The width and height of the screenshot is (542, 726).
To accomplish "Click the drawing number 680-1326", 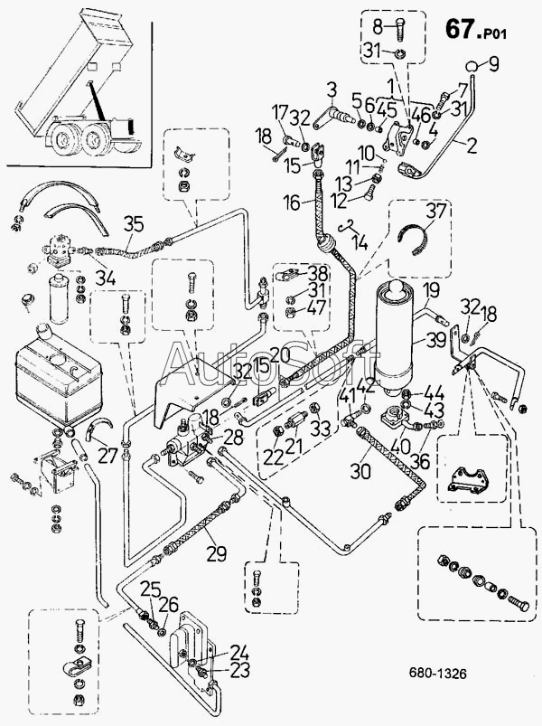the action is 437,673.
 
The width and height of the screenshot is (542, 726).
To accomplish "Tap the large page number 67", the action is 459,29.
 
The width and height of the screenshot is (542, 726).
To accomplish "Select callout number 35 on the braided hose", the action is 134,225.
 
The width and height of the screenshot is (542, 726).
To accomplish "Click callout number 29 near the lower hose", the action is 217,553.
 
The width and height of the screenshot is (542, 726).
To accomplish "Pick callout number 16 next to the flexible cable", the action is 292,203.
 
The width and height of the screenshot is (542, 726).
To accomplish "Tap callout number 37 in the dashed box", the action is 435,212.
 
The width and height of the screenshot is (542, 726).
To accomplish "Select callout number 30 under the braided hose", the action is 360,472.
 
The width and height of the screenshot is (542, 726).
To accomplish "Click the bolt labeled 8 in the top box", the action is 399,29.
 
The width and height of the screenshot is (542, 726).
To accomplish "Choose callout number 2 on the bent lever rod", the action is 472,146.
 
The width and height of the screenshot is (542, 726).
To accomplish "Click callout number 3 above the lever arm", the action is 333,90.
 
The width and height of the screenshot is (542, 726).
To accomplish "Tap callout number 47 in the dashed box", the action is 317,307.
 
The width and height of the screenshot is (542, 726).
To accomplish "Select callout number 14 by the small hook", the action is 360,241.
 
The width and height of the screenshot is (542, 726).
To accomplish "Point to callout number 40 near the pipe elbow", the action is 400,446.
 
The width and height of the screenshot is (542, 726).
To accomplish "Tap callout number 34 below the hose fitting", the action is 106,278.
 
